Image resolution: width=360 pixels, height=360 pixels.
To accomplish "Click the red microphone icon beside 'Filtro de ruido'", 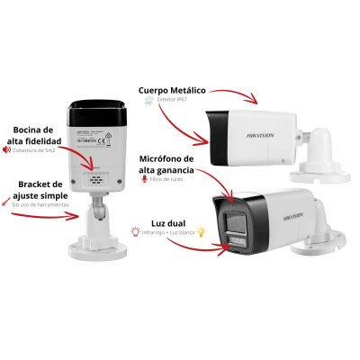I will (x=145, y=179).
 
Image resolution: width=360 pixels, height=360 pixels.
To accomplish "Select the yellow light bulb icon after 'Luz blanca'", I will (x=202, y=232).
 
